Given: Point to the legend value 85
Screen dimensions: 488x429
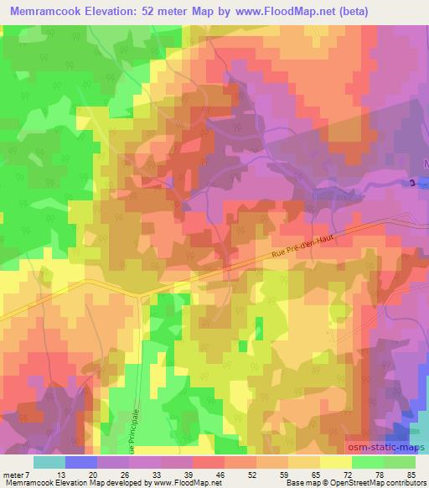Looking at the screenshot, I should pyautogui.click(x=411, y=474).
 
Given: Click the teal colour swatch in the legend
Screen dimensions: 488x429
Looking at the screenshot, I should pyautogui.click(x=49, y=461).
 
